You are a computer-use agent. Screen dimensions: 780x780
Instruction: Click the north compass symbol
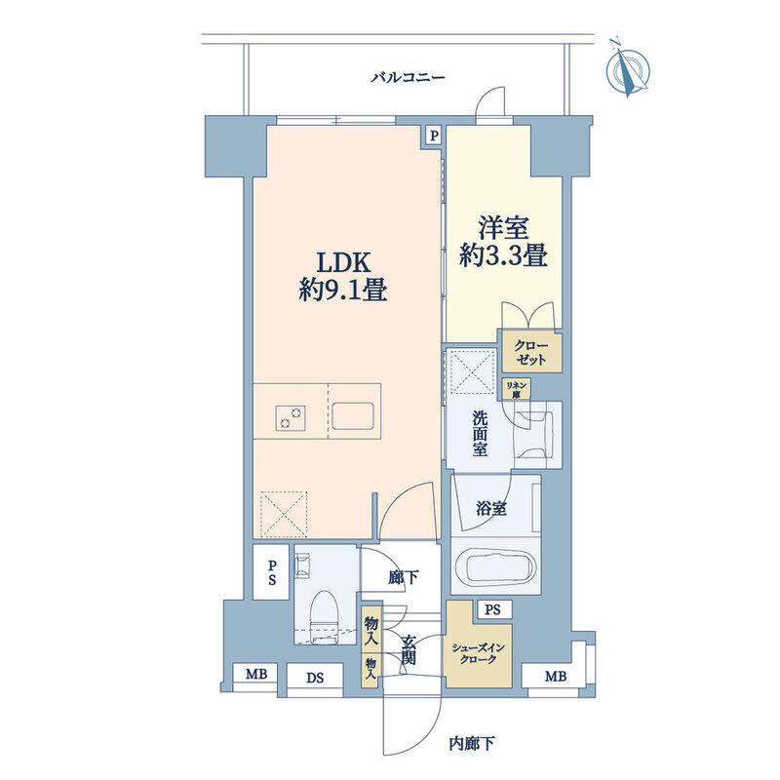[628, 69]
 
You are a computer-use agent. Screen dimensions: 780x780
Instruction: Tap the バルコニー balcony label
[408, 78]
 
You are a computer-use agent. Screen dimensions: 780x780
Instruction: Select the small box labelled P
[434, 136]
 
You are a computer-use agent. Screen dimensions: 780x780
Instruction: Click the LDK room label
[344, 262]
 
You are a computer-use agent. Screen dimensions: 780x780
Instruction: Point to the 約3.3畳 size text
[503, 256]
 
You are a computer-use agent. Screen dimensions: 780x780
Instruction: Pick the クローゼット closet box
[531, 352]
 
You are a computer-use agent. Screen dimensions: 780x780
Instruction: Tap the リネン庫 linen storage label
[516, 389]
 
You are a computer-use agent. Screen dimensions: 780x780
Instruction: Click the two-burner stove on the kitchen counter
[291, 417]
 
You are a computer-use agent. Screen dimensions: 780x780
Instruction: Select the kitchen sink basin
[353, 416]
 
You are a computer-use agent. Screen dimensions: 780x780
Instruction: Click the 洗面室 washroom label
[480, 433]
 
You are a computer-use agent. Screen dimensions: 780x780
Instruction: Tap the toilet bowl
[324, 612]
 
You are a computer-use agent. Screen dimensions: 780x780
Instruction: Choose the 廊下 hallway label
[404, 577]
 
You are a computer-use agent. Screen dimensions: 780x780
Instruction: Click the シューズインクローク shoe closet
[478, 652]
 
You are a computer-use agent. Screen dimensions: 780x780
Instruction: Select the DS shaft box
[315, 678]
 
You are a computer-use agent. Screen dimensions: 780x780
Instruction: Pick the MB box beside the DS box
[256, 675]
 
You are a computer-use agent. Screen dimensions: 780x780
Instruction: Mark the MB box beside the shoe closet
[556, 677]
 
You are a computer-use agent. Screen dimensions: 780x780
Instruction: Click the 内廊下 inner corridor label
[472, 744]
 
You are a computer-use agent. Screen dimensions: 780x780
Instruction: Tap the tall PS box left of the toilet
[271, 572]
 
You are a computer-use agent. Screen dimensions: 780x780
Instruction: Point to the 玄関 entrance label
[409, 650]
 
